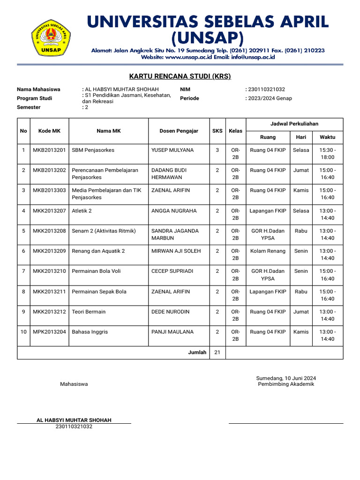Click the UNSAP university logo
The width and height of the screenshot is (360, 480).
pyautogui.click(x=51, y=37)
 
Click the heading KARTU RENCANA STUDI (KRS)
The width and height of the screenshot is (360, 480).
pyautogui.click(x=180, y=76)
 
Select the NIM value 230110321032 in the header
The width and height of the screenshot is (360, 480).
pyautogui.click(x=266, y=90)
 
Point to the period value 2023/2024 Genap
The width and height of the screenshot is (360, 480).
pyautogui.click(x=270, y=98)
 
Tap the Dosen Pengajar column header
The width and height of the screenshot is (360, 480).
pyautogui.click(x=179, y=131)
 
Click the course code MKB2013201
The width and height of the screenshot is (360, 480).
pyautogui.click(x=49, y=150)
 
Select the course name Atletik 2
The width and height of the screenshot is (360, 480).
pyautogui.click(x=82, y=211)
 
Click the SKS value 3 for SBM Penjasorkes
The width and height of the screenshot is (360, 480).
pyautogui.click(x=217, y=150)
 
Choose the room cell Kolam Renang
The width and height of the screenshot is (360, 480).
pyautogui.click(x=268, y=251)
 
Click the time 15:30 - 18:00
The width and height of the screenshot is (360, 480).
pyautogui.click(x=327, y=154)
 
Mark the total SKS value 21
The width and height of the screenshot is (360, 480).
pyautogui.click(x=217, y=352)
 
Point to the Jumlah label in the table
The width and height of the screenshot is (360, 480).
pyautogui.click(x=197, y=352)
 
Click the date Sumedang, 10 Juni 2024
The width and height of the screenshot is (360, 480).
pyautogui.click(x=286, y=378)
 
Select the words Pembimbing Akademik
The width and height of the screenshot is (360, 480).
pyautogui.click(x=286, y=384)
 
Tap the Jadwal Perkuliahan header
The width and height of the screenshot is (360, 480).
pyautogui.click(x=294, y=124)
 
